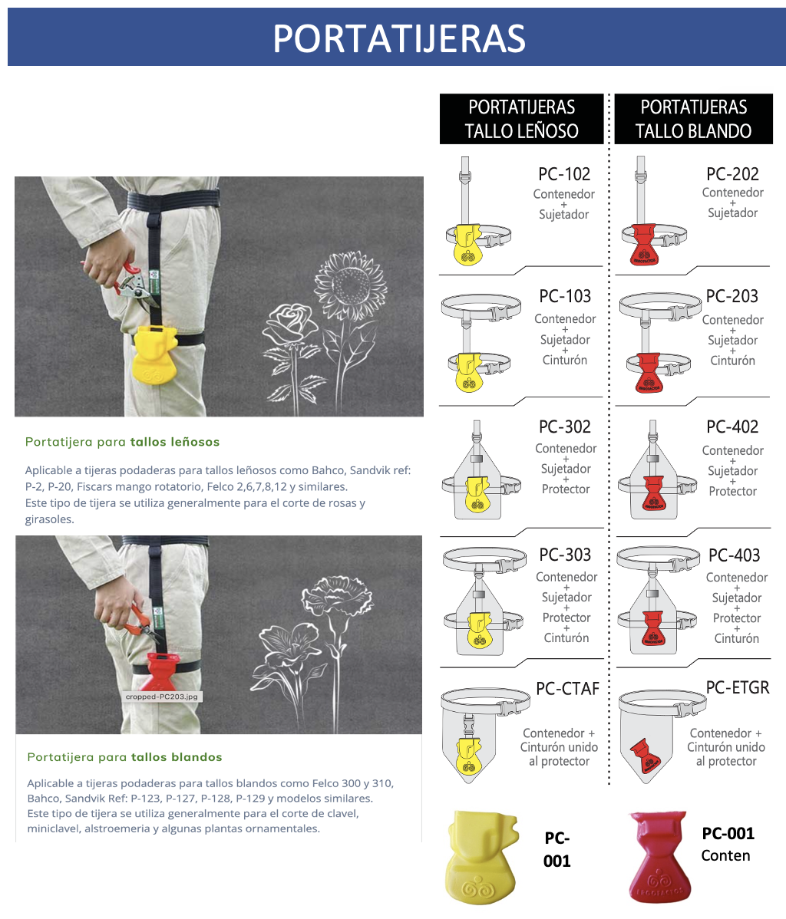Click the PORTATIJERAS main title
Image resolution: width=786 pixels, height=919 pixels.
(399, 38)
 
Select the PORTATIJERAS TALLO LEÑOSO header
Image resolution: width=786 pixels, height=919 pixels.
(521, 119)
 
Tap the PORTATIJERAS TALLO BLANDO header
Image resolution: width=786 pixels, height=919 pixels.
(693, 119)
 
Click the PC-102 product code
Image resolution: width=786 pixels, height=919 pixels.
(564, 174)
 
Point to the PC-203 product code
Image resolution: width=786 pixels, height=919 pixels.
(732, 296)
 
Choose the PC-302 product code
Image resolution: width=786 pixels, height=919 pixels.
(564, 427)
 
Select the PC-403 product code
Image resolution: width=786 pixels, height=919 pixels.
(735, 555)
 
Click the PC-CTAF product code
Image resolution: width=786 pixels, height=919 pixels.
(567, 688)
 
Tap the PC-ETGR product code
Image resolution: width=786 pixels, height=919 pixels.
(738, 687)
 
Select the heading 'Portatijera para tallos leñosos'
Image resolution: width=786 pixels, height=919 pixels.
(123, 442)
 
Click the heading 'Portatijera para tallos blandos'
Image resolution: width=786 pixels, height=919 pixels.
(124, 757)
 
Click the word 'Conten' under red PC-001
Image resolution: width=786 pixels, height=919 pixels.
(725, 855)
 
